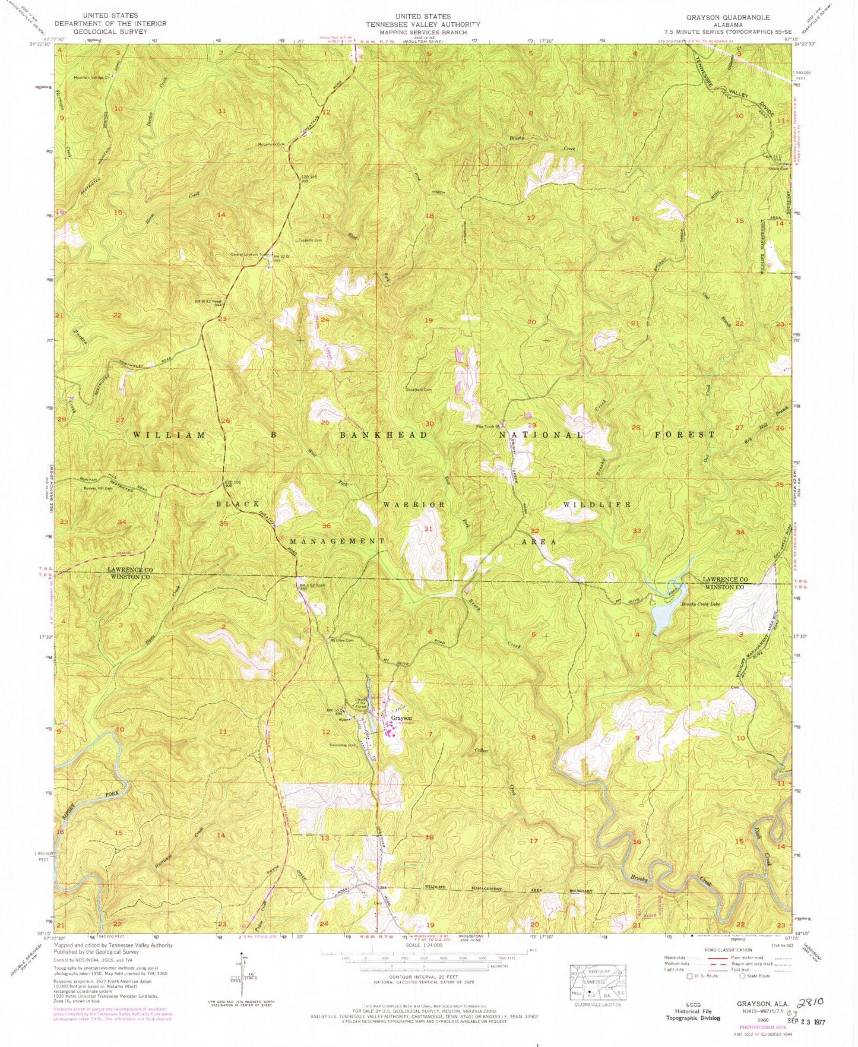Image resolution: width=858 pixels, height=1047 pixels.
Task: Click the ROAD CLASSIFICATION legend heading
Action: point(727,950)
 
